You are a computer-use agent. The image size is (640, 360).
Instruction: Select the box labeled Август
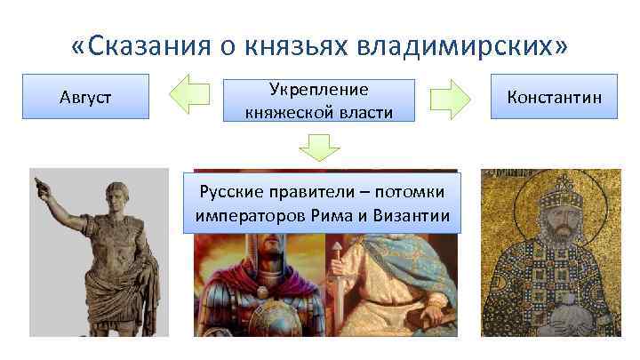85,96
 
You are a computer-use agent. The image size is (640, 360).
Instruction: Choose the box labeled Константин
554,96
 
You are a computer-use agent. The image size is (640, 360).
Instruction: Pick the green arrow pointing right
449,96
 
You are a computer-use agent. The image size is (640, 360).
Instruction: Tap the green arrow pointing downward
320,147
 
